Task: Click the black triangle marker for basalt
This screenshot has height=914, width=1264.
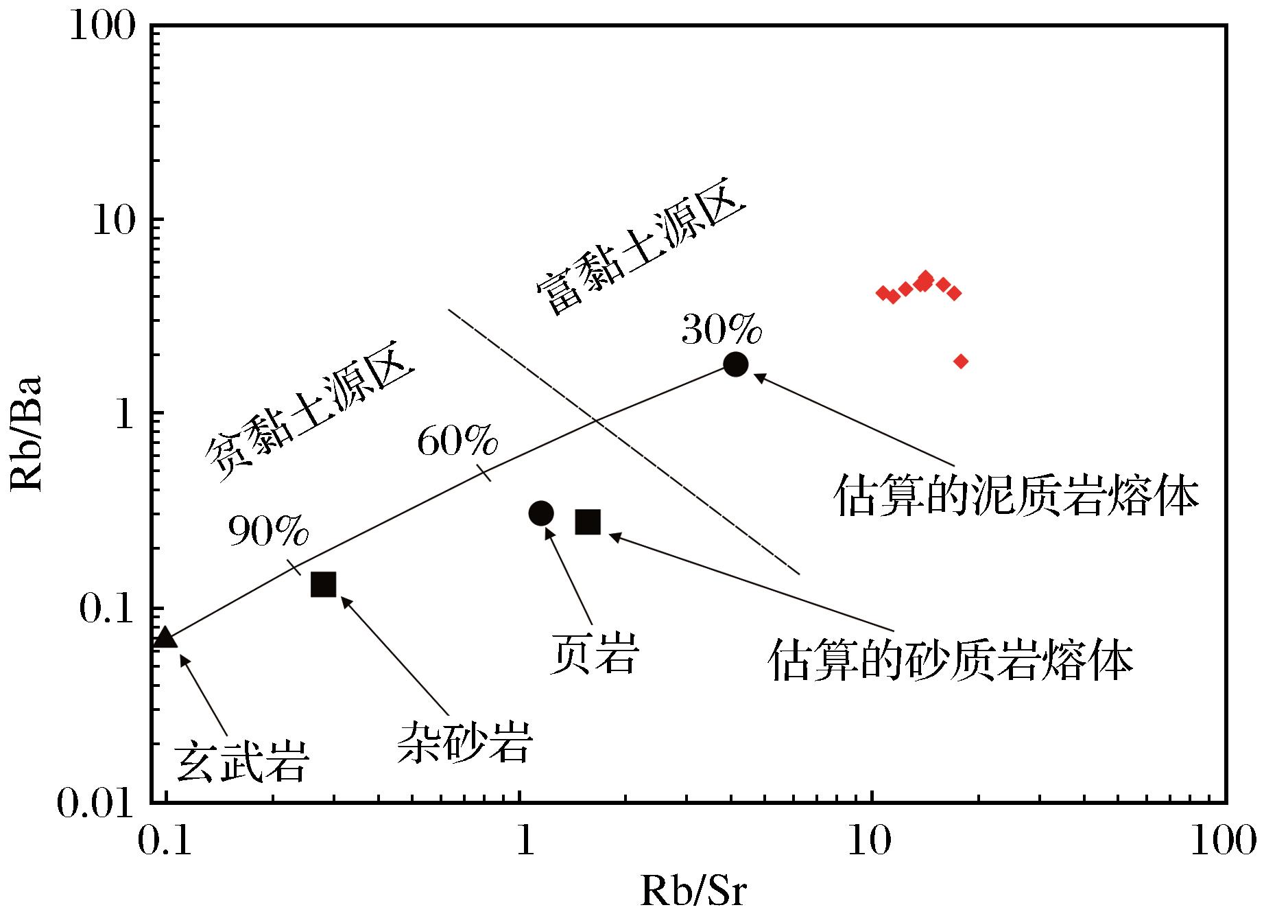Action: (165, 638)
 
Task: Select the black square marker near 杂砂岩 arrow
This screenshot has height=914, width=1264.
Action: (323, 584)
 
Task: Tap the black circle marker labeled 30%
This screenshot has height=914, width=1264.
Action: (736, 364)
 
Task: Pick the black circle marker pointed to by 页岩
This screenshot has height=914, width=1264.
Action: (541, 513)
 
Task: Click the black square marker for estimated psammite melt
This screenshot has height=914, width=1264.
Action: (588, 522)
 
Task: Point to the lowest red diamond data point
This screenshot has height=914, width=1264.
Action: (961, 361)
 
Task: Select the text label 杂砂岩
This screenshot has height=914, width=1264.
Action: (465, 742)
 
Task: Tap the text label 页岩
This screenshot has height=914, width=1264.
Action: (594, 654)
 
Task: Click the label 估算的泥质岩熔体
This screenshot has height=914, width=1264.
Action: (1016, 496)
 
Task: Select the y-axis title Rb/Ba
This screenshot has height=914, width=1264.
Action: (27, 433)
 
